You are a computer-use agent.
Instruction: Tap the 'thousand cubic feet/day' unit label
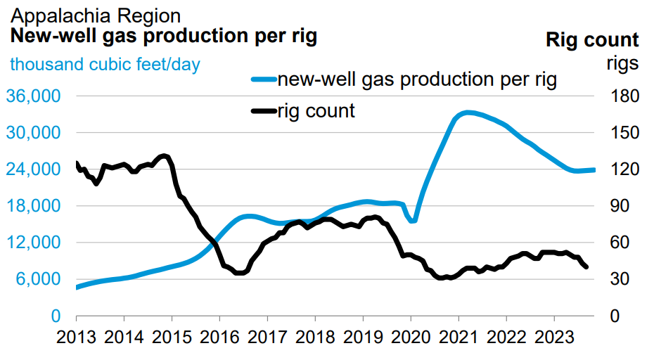[104, 65]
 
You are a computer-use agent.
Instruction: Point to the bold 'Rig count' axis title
[592, 40]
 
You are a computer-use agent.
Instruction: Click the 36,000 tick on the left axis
[34, 96]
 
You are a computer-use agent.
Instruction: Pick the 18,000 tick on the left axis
[34, 206]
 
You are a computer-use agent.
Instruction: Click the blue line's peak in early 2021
[468, 112]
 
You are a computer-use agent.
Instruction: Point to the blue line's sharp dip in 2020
[413, 220]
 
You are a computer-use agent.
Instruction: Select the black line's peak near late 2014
[165, 156]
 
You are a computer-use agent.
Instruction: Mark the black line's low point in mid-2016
[239, 273]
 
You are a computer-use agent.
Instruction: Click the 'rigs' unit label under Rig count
[622, 63]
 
